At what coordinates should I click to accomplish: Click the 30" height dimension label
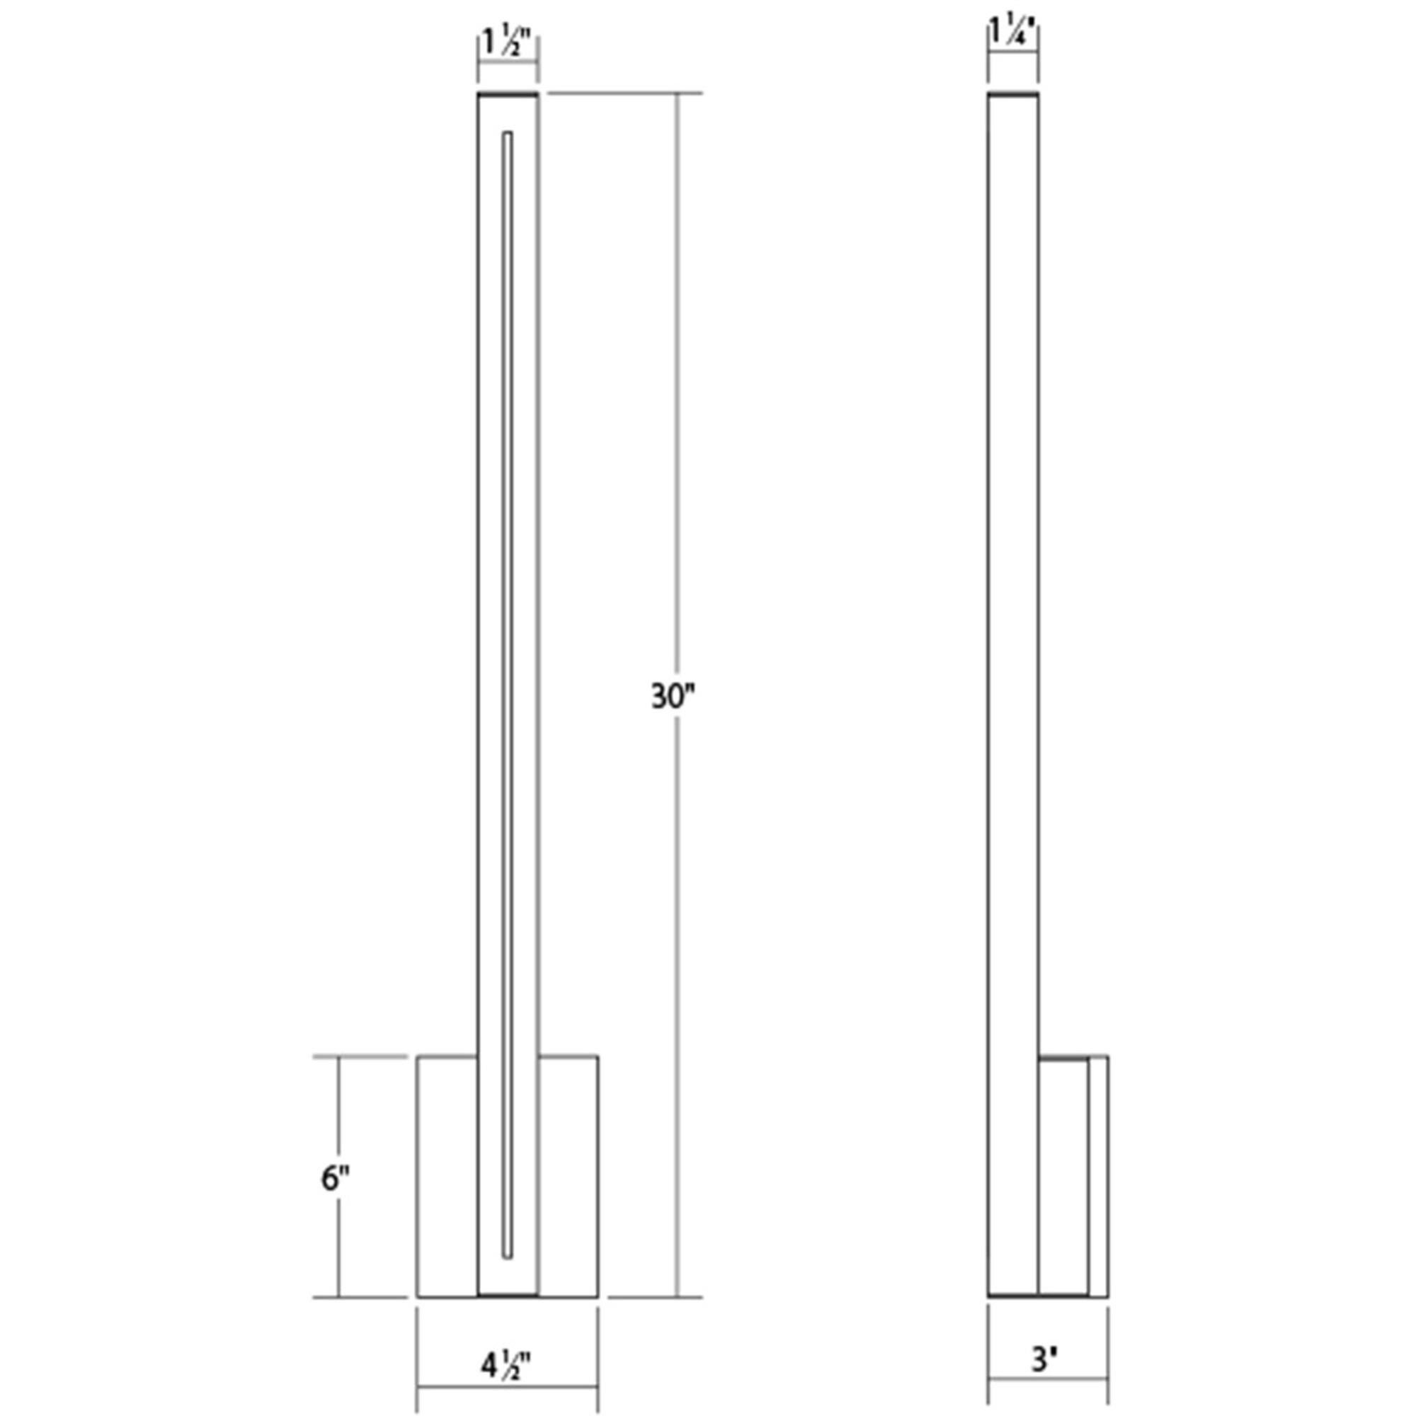pyautogui.click(x=671, y=695)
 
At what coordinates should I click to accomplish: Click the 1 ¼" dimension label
pyautogui.click(x=1012, y=33)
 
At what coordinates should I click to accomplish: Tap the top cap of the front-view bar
pyautogui.click(x=508, y=94)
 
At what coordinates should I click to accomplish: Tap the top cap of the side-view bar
pyautogui.click(x=1013, y=94)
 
